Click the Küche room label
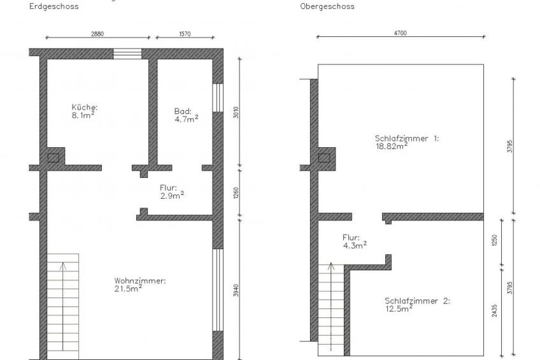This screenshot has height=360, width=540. click(x=84, y=112)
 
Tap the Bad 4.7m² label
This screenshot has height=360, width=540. click(x=187, y=115)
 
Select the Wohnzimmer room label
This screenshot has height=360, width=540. click(x=140, y=285)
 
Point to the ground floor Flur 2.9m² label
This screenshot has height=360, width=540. click(x=172, y=192)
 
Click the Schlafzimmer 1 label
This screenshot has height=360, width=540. click(x=407, y=142)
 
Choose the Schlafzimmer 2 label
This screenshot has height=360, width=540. click(x=417, y=305)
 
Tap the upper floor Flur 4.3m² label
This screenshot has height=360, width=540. click(x=354, y=241)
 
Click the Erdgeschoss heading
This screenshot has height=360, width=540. click(x=53, y=6)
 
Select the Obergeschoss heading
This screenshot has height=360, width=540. click(x=327, y=6)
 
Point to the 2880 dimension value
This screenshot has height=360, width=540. click(x=97, y=34)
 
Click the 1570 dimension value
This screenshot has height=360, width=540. click(x=185, y=34)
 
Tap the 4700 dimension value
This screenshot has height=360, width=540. click(x=400, y=33)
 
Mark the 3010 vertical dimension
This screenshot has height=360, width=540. click(x=236, y=112)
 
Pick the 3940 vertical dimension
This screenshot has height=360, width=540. click(x=236, y=291)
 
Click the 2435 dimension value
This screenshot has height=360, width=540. click(x=495, y=311)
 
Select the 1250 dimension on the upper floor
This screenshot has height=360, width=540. click(x=495, y=240)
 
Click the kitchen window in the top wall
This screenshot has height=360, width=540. click(x=127, y=54)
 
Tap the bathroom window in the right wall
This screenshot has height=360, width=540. click(x=218, y=97)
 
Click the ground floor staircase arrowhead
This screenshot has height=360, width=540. click(x=62, y=266)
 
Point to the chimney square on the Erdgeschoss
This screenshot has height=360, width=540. click(x=53, y=158)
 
